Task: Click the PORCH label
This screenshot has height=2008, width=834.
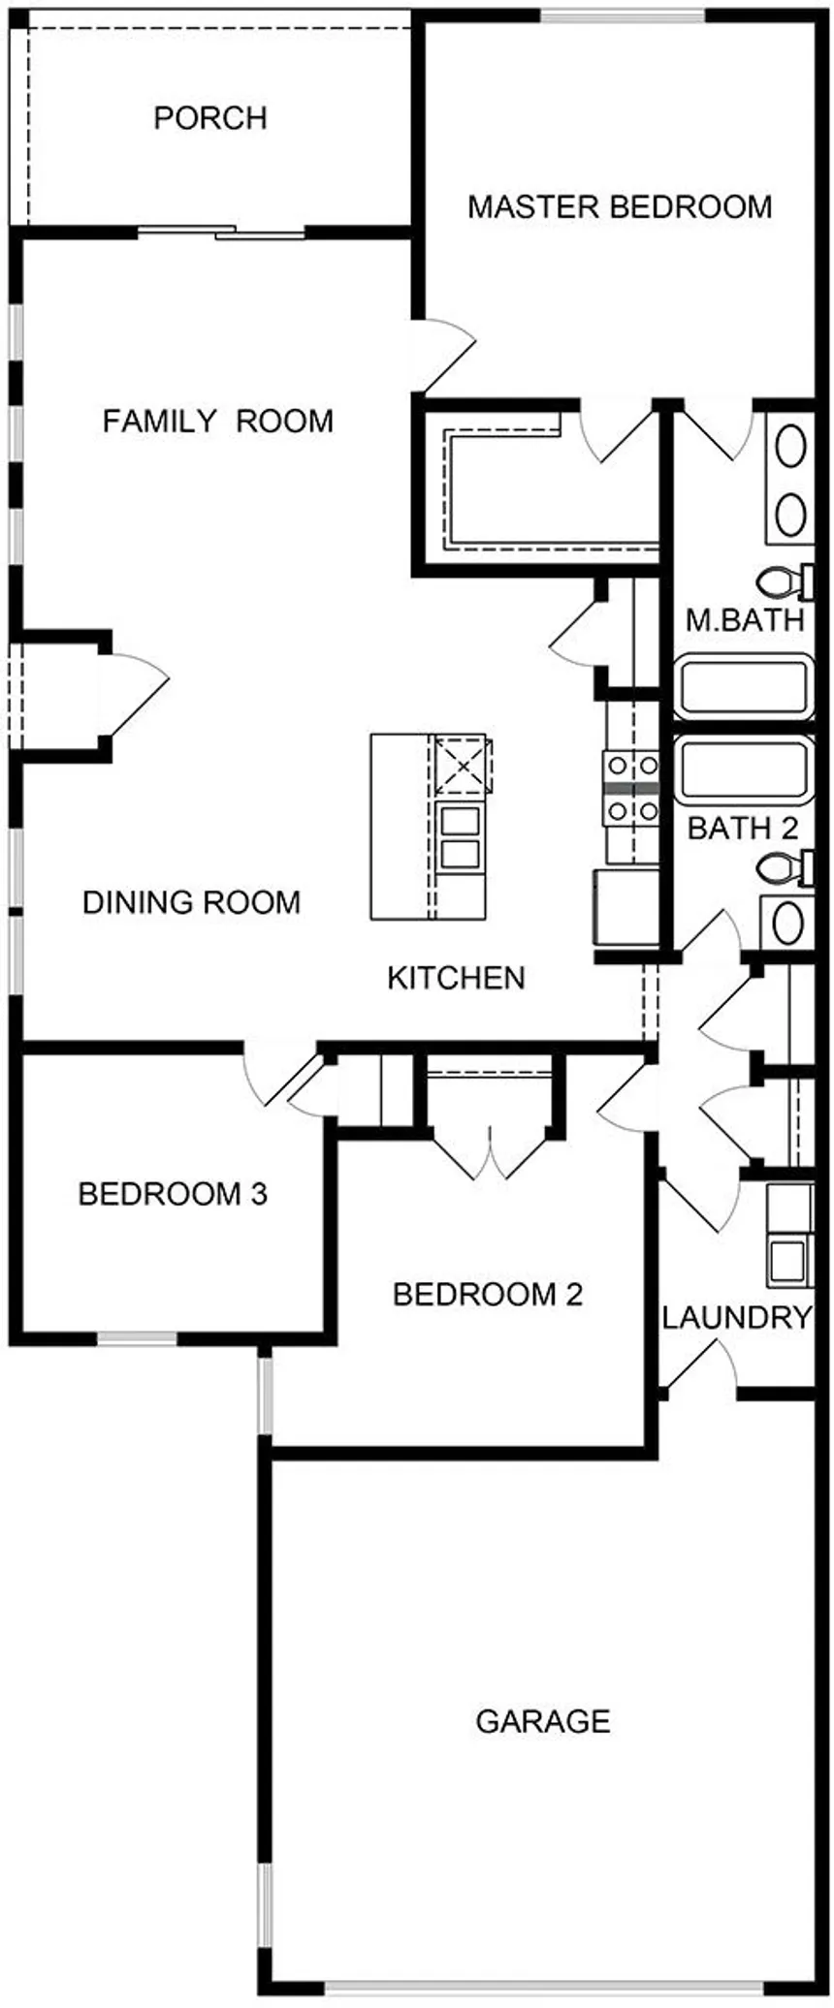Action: [210, 118]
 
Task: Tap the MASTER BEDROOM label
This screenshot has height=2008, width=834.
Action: [620, 206]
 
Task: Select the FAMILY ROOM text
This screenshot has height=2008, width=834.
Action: [218, 422]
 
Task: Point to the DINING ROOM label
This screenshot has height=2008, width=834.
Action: [191, 902]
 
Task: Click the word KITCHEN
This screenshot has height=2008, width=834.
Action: [456, 978]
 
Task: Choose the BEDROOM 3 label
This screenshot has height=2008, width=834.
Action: [173, 1194]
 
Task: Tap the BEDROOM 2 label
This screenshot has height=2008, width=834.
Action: [488, 1294]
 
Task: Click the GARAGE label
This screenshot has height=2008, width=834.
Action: [543, 1721]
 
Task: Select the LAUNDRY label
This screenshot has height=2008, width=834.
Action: [736, 1317]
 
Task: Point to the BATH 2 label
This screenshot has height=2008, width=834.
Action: [743, 829]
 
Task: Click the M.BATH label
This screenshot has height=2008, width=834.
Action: [745, 620]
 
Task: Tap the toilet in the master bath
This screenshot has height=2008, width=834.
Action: [786, 581]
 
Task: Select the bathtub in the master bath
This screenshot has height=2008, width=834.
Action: [743, 686]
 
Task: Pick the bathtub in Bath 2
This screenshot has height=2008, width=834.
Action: [743, 769]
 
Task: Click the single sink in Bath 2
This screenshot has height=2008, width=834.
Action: [789, 922]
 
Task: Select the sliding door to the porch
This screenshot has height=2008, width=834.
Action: [223, 232]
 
